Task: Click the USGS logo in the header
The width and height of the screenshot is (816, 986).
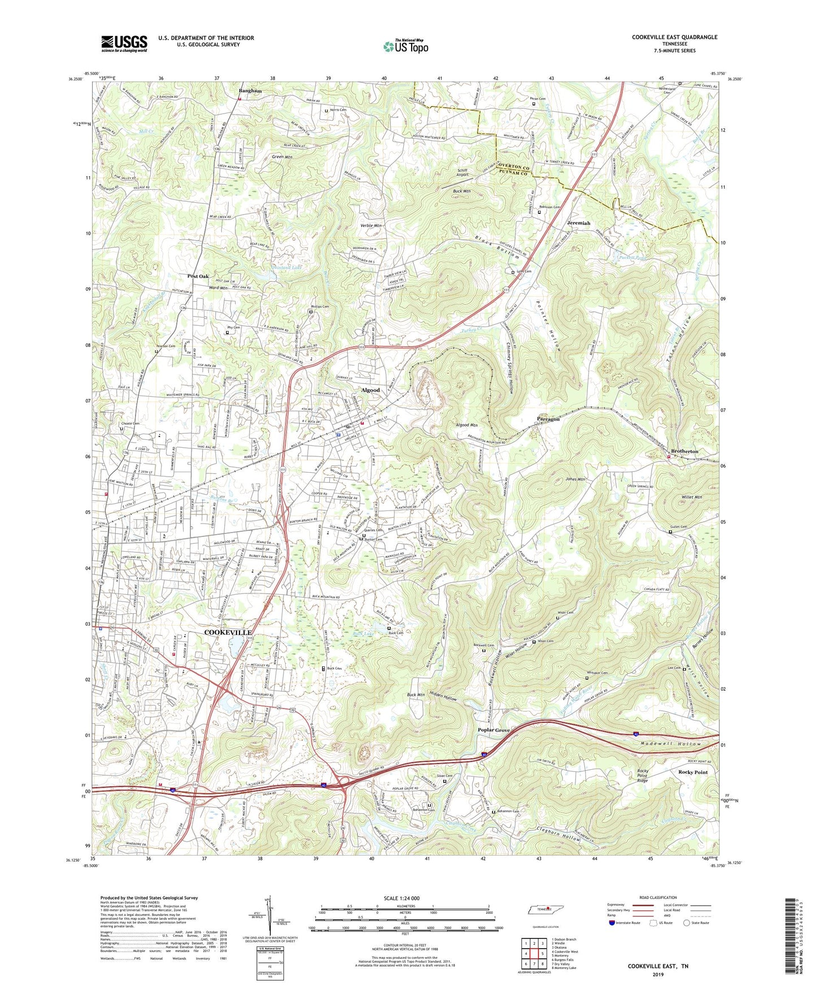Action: pyautogui.click(x=124, y=43)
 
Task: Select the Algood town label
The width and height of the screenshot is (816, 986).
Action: pyautogui.click(x=370, y=390)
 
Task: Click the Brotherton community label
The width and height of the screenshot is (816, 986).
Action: pyautogui.click(x=684, y=451)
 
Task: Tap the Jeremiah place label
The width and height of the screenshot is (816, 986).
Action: pyautogui.click(x=578, y=223)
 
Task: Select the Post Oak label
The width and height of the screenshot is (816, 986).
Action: pyautogui.click(x=198, y=276)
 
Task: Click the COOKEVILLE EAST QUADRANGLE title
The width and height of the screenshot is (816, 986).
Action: pyautogui.click(x=674, y=37)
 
